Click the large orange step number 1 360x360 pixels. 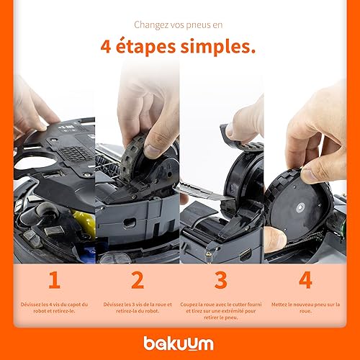[54, 280]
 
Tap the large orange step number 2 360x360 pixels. [138, 280]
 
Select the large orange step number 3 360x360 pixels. [221, 280]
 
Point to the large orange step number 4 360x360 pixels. [305, 280]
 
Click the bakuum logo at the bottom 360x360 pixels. [179, 343]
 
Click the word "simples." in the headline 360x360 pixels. [218, 47]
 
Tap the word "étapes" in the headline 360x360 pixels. [145, 47]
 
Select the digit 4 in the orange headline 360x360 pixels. [106, 46]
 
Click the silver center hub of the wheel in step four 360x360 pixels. [300, 207]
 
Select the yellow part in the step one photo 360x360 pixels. [85, 222]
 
